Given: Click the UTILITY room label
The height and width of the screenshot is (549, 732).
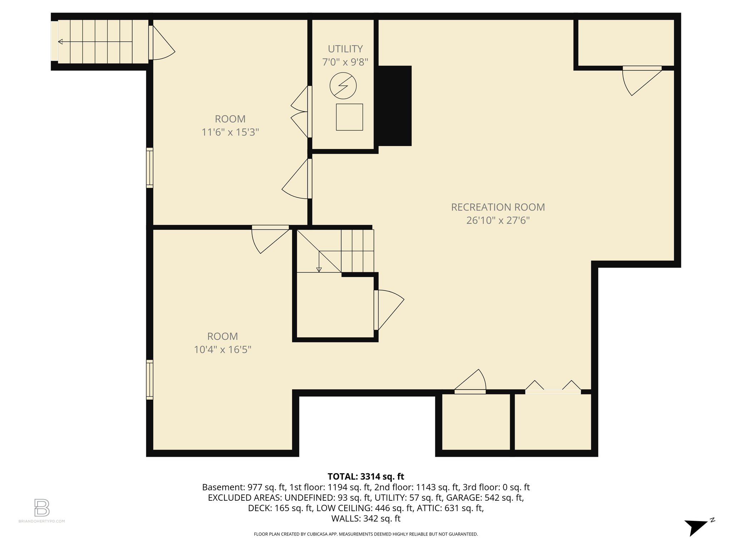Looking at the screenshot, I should click(x=345, y=49).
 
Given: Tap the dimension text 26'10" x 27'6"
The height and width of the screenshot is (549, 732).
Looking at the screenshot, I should click(x=498, y=220).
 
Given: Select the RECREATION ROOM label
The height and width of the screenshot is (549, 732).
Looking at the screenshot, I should click(x=498, y=207).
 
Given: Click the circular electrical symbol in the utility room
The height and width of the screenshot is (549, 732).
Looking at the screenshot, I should click(x=343, y=86).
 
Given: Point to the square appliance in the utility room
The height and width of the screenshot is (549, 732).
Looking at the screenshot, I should click(x=349, y=117).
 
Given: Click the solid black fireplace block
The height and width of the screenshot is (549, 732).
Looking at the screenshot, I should click(x=394, y=106).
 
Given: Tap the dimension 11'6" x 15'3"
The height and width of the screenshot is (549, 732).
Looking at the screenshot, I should click(x=230, y=132).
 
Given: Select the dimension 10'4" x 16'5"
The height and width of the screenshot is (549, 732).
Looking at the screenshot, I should click(x=222, y=349).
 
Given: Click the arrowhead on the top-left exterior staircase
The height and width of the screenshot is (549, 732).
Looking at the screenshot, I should click(x=60, y=42).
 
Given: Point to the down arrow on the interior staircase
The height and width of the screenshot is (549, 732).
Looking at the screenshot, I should click(x=319, y=269).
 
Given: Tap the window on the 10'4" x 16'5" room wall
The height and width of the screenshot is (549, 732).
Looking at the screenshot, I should click(x=150, y=380).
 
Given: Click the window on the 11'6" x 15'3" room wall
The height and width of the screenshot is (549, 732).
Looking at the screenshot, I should click(x=150, y=168).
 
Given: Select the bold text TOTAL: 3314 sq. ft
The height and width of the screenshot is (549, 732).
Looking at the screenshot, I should click(x=365, y=476).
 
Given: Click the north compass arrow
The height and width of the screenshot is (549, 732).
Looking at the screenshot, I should click(x=695, y=527).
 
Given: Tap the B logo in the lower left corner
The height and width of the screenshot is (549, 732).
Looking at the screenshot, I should click(x=41, y=508).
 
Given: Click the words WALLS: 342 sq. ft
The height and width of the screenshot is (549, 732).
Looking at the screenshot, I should click(x=365, y=518).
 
